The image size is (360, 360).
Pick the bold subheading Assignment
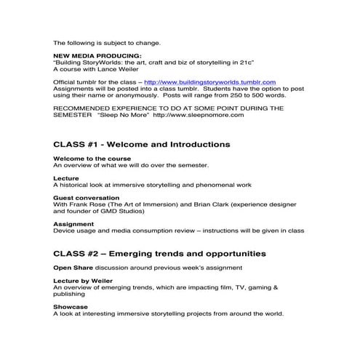73,224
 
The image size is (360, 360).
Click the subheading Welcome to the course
92,158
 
